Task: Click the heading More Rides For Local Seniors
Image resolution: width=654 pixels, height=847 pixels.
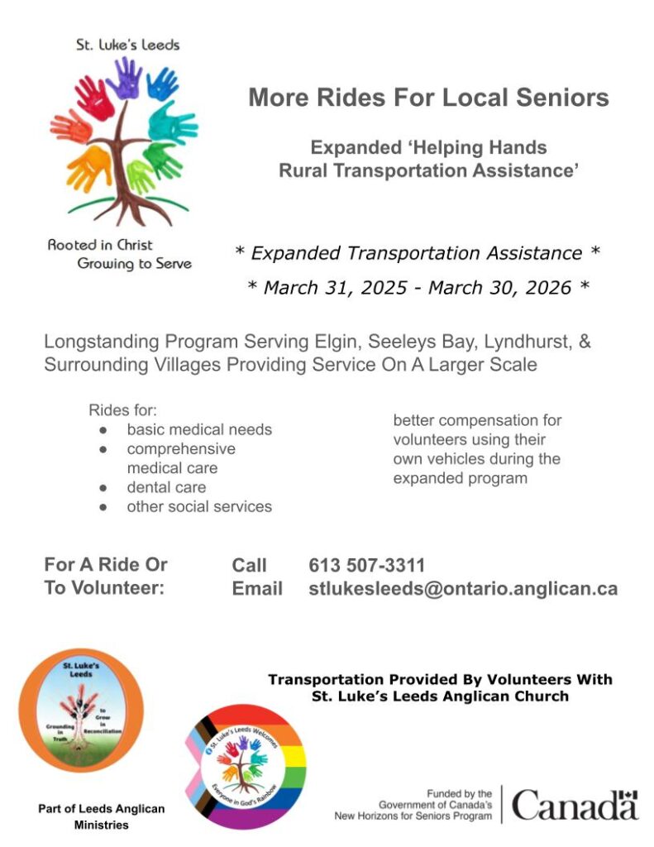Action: (428, 98)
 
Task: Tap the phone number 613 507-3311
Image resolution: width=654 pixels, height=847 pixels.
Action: (367, 566)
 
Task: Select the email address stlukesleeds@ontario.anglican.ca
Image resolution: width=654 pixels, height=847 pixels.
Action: (463, 589)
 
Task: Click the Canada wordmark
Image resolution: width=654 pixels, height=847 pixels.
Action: (575, 805)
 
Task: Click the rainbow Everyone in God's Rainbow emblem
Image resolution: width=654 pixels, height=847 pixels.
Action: (241, 766)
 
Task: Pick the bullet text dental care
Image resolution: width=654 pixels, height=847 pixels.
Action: (166, 487)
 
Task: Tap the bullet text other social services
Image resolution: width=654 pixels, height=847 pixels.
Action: (199, 506)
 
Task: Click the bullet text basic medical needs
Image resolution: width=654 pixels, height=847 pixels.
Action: (199, 429)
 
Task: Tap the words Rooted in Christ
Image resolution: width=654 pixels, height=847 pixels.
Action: (100, 245)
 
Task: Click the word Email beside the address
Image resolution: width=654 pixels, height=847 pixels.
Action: (257, 589)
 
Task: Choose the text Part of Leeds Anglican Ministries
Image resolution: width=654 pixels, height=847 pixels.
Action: (102, 816)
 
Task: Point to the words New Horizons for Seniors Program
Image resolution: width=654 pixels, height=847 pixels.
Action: (413, 816)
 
